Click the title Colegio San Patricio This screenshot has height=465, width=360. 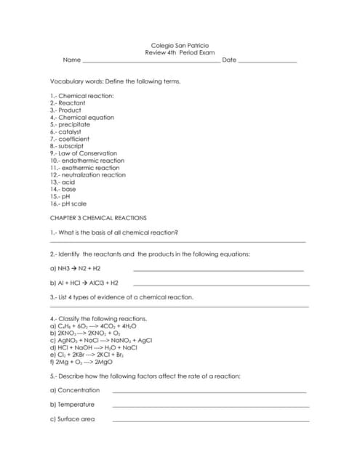point(179,45)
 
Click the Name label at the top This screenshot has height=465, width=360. point(71,60)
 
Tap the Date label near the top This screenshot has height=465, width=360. point(229,60)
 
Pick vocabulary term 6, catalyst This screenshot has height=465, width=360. point(67,132)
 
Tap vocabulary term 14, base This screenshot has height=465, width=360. point(63,189)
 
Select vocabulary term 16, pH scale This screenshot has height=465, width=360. point(68,203)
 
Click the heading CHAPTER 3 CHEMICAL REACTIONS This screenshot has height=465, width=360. point(98,218)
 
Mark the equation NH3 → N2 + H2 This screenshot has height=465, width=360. point(75,268)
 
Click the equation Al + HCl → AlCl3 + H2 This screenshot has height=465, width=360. point(84,283)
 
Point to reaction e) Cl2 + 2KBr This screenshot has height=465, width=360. point(86,355)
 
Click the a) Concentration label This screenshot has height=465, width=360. point(75,390)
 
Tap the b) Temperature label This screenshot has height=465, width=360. point(72,405)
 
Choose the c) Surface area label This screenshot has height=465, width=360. point(72,419)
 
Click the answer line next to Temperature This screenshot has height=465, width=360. point(211,406)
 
